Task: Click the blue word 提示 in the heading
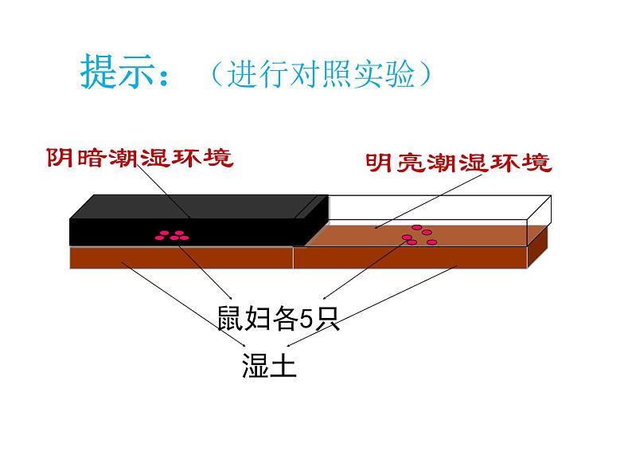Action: [117, 73]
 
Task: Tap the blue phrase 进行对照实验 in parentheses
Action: [322, 74]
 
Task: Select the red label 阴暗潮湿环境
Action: [140, 158]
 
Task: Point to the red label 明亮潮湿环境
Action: [458, 163]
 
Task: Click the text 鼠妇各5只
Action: [279, 319]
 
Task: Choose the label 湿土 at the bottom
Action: [269, 365]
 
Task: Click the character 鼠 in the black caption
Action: [231, 319]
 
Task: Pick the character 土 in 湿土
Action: [283, 365]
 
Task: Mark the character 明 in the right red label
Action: [379, 163]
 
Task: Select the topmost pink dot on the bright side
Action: [417, 228]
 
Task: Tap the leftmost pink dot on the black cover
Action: [160, 237]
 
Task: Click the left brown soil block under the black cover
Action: [181, 257]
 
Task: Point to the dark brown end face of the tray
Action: [539, 247]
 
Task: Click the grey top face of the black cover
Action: [199, 207]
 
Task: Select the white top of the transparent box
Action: [439, 208]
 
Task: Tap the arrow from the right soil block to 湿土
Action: [371, 306]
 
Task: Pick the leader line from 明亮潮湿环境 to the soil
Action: [428, 202]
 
